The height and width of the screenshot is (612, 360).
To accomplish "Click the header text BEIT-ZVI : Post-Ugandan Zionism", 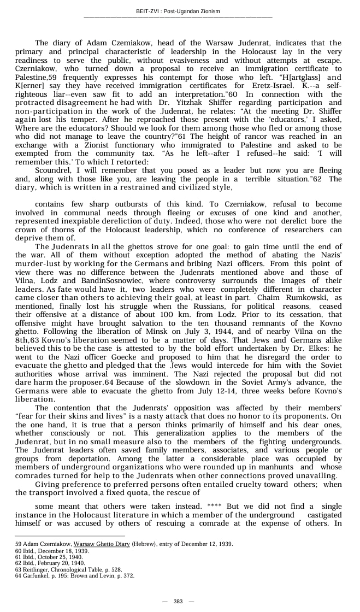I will point(178,11).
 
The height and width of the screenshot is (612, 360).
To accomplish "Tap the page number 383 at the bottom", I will point(178,601).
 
